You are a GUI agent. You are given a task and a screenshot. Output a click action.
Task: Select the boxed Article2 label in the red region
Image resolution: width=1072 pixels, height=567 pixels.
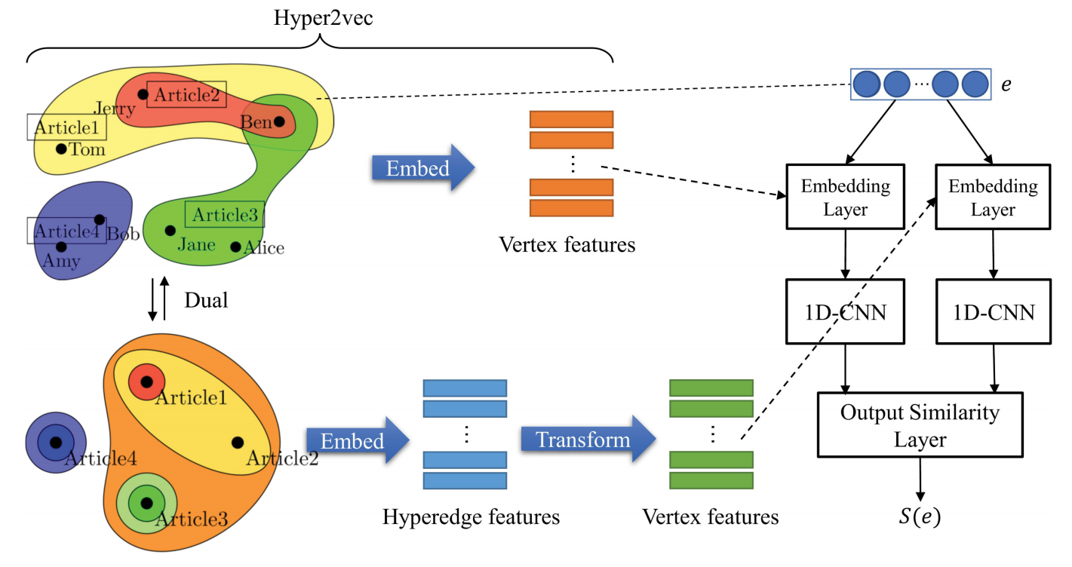pos(186,94)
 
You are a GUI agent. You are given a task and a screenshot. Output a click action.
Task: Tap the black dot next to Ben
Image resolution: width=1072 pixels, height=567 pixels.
pos(279,121)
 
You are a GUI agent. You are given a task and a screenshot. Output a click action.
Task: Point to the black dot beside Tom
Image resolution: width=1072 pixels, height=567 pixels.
pos(62,149)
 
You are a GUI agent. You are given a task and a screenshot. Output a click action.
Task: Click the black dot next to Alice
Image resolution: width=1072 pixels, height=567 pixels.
pos(235,247)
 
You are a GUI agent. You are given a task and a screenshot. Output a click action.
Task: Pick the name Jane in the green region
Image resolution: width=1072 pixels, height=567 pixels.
pos(196,244)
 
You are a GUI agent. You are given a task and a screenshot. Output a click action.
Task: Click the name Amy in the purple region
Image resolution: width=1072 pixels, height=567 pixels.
pos(61,261)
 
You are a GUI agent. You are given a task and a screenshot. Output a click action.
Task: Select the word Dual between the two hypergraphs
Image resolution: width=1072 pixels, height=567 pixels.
pos(206,300)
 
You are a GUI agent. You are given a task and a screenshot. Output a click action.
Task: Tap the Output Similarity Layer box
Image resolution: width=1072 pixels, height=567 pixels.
pos(920,424)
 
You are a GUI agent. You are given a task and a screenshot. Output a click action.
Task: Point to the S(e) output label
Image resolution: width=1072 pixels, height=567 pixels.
pos(920,519)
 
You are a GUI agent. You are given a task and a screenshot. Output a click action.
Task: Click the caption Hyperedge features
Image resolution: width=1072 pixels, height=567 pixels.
pos(471,517)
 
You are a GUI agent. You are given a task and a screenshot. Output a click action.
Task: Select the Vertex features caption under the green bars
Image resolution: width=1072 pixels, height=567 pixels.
pos(710,517)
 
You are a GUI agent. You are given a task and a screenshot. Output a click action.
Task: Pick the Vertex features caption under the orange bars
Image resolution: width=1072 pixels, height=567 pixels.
pos(567,245)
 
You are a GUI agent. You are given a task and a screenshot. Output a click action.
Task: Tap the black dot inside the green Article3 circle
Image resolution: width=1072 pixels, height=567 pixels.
pos(146,502)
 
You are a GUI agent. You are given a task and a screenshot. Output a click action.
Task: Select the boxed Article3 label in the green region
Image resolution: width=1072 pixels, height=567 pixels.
pos(225,215)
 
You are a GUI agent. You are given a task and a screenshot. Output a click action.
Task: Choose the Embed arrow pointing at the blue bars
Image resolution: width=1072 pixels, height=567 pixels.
pos(355,441)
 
